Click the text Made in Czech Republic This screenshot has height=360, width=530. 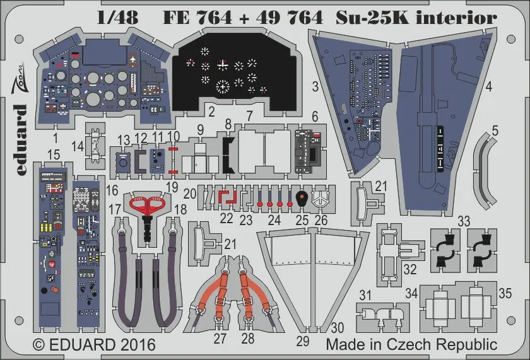pyautogui.click(x=411, y=345)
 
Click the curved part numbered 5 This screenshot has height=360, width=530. pyautogui.click(x=489, y=170)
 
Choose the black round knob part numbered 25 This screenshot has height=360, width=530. pyautogui.click(x=302, y=200)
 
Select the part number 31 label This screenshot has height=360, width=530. pyautogui.click(x=365, y=295)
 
